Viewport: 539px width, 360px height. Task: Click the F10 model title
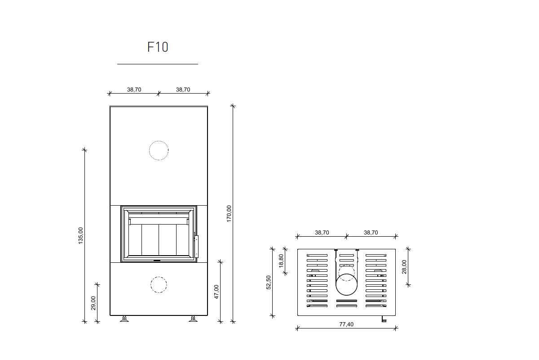click(158, 47)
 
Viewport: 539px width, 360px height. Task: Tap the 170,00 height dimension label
click(229, 214)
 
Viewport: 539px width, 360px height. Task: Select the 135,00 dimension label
click(80, 236)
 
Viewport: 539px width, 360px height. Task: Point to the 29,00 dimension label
click(93, 303)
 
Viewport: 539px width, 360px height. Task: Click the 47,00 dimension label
click(216, 292)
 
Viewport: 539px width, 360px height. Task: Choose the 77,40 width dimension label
click(346, 324)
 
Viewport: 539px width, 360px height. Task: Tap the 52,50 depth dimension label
click(269, 282)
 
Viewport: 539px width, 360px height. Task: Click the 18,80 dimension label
click(281, 261)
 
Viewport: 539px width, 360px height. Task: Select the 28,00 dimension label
click(404, 267)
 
